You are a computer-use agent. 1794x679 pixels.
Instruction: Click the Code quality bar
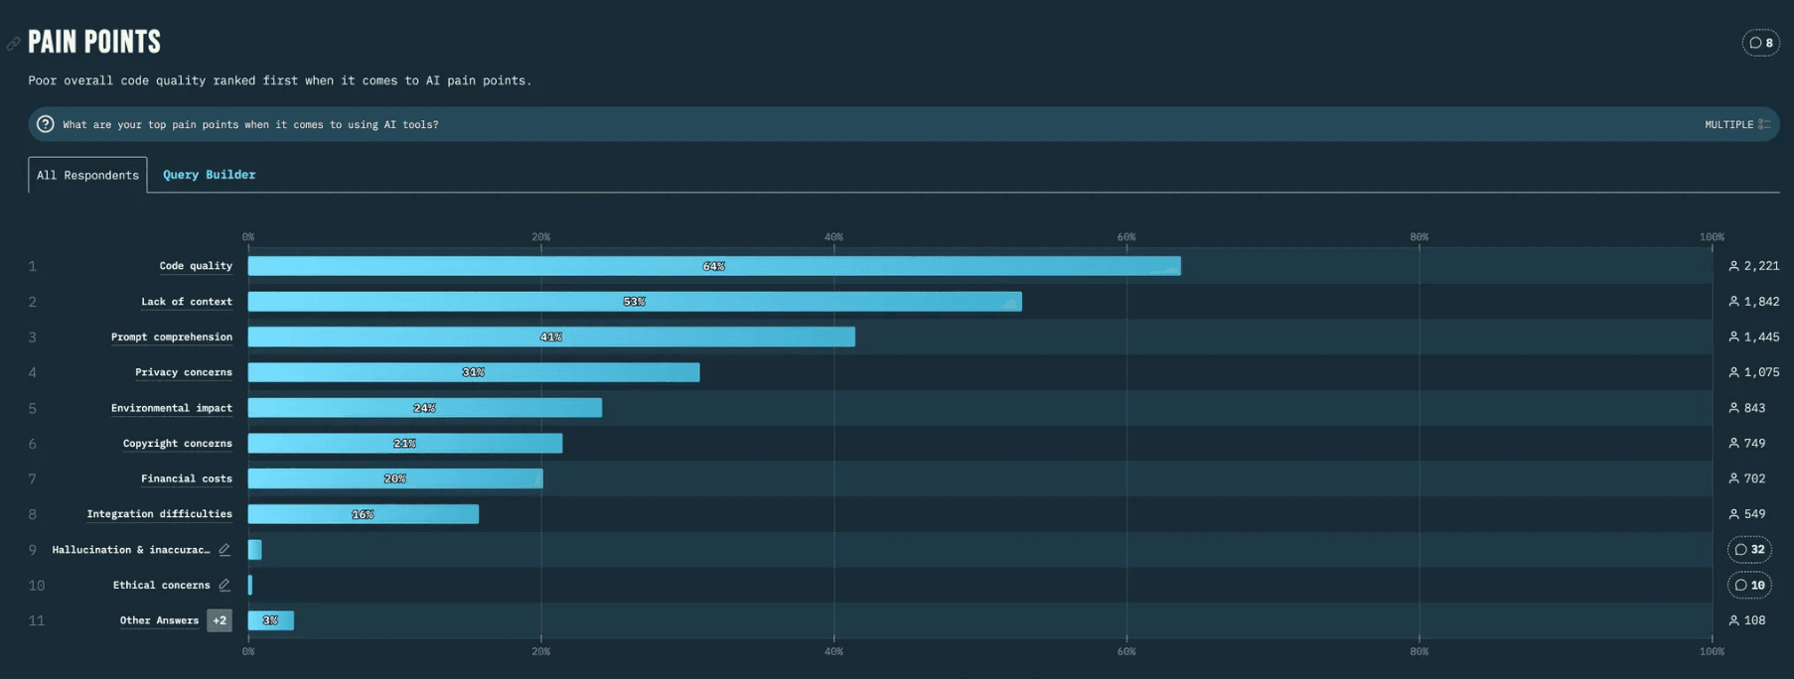coord(713,266)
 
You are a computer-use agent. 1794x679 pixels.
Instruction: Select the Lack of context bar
coord(634,302)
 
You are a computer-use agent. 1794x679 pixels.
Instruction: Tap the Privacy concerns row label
coord(183,372)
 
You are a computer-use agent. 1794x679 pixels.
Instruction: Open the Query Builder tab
coord(209,175)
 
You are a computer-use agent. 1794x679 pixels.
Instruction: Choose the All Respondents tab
coord(87,175)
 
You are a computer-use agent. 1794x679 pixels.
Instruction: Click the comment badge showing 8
coord(1760,43)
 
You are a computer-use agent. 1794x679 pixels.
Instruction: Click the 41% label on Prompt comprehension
coord(551,338)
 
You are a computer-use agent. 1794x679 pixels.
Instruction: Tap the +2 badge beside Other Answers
coord(220,620)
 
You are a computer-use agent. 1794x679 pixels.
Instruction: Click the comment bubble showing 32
coord(1749,550)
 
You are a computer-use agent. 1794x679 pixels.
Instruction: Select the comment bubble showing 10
coord(1749,586)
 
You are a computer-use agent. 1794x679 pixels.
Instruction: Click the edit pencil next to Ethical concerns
coord(224,586)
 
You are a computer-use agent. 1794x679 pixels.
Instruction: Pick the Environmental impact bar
coord(424,408)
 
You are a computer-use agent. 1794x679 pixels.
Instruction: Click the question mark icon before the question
coord(46,124)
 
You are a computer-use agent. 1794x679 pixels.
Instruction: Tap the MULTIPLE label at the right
coord(1728,125)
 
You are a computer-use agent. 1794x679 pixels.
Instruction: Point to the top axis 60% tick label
coord(1125,237)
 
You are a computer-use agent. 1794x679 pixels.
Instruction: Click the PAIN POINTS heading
coord(94,42)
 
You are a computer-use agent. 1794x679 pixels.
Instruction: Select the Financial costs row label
coord(186,478)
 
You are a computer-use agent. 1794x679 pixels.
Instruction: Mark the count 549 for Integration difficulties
coord(1754,514)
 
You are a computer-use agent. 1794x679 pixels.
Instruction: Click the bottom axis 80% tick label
coord(1419,652)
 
